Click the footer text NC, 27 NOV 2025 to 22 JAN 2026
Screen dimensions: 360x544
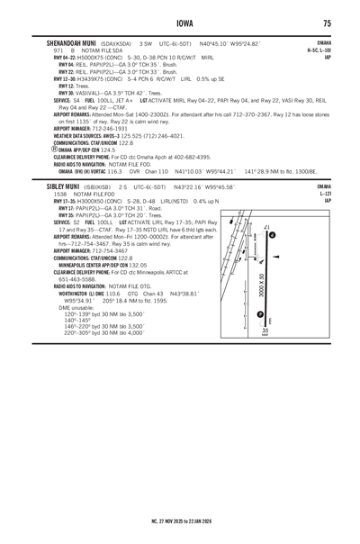click(180, 520)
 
